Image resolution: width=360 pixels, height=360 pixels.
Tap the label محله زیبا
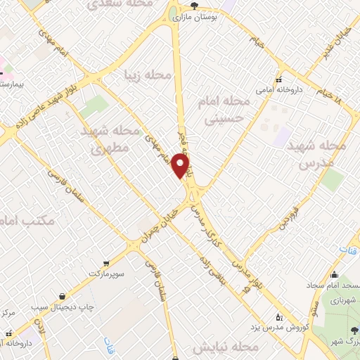pyautogui.click(x=148, y=75)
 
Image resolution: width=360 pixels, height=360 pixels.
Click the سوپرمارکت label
pyautogui.click(x=106, y=271)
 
